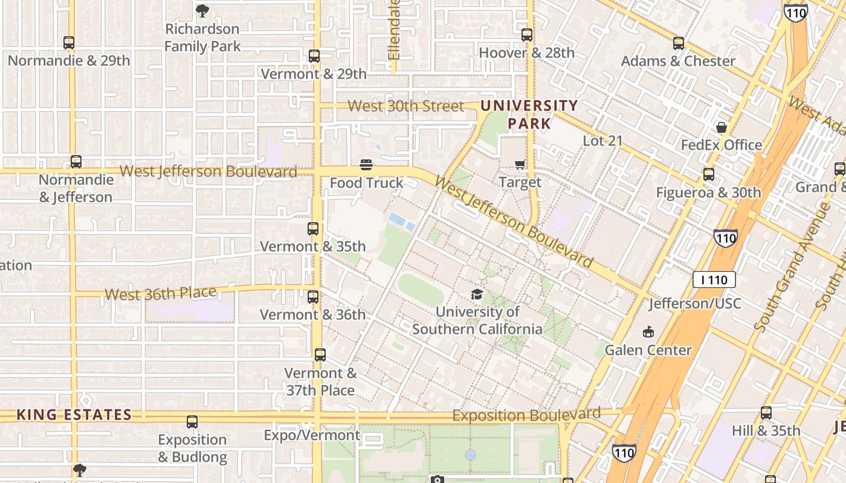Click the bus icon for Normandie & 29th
coord(69,43)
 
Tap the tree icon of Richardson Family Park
coord(202,10)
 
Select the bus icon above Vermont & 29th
coord(314,56)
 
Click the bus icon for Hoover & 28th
coord(527,35)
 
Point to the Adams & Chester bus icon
coord(678,43)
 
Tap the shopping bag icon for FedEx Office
coord(721,127)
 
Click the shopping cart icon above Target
coord(520,164)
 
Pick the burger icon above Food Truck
coord(366,165)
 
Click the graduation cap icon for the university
coord(477,295)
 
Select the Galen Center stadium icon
coord(648,332)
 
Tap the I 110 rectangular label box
coord(714,280)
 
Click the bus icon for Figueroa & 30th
coord(708,174)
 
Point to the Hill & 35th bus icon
coord(766,413)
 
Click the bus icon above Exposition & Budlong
coord(192,422)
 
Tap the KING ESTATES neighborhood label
coord(74,415)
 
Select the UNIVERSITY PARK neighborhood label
coord(529,115)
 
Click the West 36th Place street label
coord(160,293)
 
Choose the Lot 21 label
coord(602,141)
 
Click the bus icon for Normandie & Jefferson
coord(76,162)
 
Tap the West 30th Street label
coord(406,106)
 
